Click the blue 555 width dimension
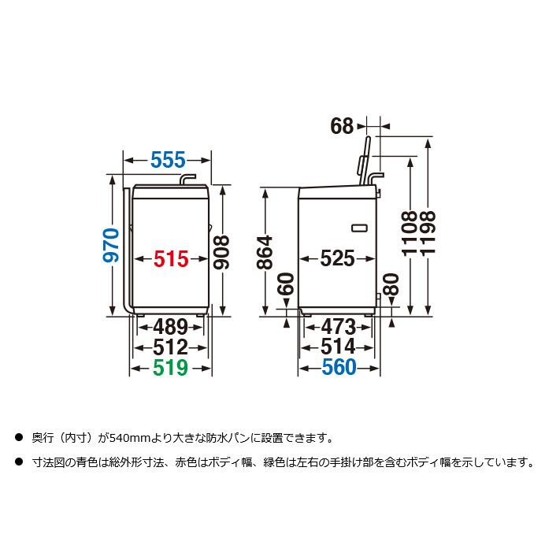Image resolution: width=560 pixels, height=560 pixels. click(x=168, y=160)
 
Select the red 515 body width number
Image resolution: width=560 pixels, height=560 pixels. click(x=171, y=258)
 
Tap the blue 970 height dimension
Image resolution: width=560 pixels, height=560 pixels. click(x=113, y=245)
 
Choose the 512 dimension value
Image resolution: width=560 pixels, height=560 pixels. click(x=171, y=347)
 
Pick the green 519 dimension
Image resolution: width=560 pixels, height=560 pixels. click(x=171, y=367)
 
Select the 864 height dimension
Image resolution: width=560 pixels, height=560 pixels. click(x=265, y=254)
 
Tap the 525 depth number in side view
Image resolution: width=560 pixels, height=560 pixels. click(x=337, y=258)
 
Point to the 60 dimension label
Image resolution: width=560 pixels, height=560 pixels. click(x=286, y=288)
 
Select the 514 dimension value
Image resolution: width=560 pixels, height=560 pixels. click(x=338, y=347)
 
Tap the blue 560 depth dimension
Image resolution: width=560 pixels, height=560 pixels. click(x=338, y=367)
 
